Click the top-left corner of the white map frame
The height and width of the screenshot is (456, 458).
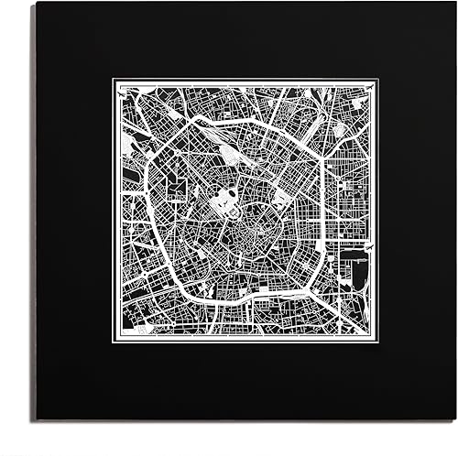(114, 80)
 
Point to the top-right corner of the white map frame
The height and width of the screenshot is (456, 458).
(380, 80)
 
